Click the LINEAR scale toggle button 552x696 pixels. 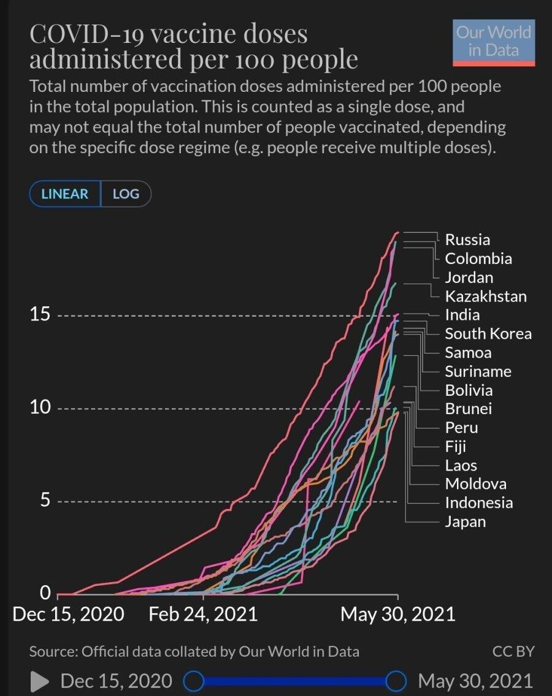[x=65, y=194]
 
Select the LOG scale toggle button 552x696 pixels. [x=126, y=194]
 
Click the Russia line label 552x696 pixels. [x=467, y=240]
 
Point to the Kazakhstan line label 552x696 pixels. [x=485, y=297]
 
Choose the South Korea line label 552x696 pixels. [x=488, y=334]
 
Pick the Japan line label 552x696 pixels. [x=465, y=522]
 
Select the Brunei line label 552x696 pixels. [x=468, y=409]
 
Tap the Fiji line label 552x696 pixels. [x=455, y=447]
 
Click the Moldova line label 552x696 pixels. [x=475, y=484]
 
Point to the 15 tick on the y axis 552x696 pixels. [x=40, y=316]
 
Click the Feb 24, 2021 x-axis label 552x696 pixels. [x=203, y=615]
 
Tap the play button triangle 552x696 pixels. [x=40, y=681]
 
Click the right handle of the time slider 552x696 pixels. [x=397, y=681]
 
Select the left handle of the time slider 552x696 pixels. [x=194, y=681]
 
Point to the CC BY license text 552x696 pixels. [x=513, y=651]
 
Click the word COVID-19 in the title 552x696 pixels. [x=85, y=34]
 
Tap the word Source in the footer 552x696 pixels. [x=52, y=651]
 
